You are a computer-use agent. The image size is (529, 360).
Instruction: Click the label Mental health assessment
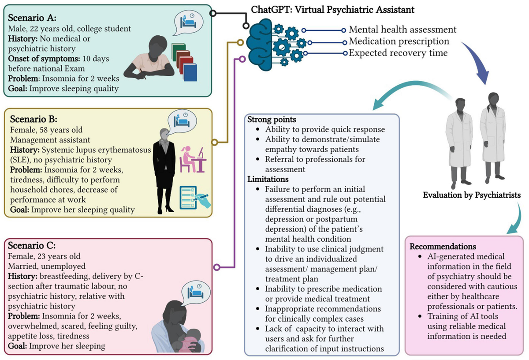(x=402, y=30)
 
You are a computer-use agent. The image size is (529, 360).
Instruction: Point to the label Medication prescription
(x=399, y=41)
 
